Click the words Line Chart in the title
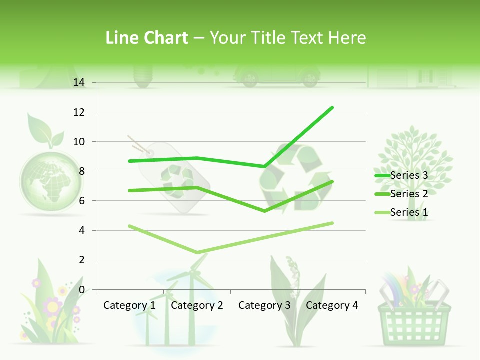point(147,38)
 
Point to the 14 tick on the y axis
point(79,83)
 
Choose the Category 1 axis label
point(129,305)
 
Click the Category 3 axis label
point(264,305)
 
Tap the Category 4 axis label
point(332,305)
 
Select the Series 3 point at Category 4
point(332,107)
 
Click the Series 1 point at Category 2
point(197,252)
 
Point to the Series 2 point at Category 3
point(264,211)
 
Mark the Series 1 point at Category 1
point(129,226)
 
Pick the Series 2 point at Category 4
point(332,181)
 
